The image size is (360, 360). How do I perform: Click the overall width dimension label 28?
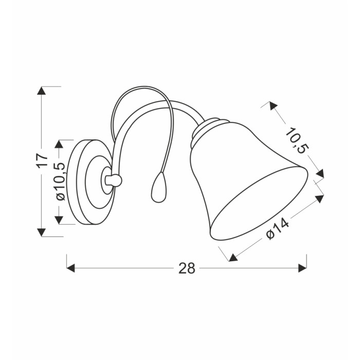tap(187, 268)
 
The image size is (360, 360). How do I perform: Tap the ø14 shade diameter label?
tap(277, 229)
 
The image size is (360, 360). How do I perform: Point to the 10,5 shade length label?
tap(296, 140)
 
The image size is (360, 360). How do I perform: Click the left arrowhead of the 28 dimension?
tap(71, 268)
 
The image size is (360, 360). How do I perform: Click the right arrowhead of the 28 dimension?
tap(302, 268)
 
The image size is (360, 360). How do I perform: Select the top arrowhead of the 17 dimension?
tap(42, 91)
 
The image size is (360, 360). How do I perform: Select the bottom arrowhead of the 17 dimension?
tap(42, 232)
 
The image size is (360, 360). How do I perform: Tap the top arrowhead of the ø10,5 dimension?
tap(59, 144)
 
